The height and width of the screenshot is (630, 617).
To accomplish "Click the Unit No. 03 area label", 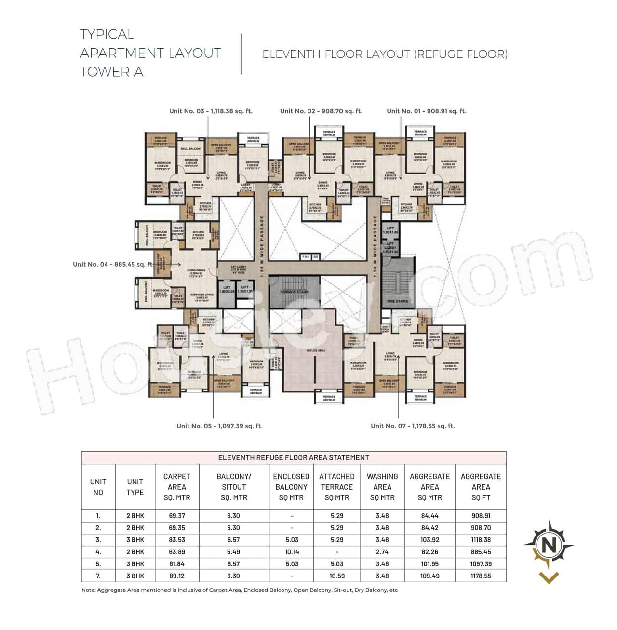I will (x=211, y=111).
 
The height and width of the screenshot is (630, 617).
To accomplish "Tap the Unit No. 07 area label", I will (x=413, y=426).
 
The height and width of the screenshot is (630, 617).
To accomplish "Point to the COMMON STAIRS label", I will (x=295, y=292).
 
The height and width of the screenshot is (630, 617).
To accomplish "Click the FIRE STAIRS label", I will (x=397, y=301).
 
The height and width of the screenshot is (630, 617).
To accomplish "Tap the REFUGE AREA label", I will (x=316, y=351).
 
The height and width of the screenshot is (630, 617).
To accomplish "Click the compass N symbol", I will (x=549, y=546).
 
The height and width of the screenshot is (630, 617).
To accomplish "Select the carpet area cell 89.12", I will (x=177, y=576).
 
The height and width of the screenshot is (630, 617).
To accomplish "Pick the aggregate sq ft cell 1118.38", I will (x=481, y=540).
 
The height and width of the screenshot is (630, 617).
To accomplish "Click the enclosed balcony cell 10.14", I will (x=291, y=552).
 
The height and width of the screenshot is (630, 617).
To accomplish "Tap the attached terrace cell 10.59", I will (x=336, y=576).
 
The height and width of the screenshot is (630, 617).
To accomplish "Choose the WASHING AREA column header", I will (x=382, y=487).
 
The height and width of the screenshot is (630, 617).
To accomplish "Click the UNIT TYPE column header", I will (x=135, y=487).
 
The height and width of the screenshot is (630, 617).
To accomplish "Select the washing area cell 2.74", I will (x=382, y=552).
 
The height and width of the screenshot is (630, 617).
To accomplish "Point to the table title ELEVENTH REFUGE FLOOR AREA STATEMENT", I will (x=294, y=457).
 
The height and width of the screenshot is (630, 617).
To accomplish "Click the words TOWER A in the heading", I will (x=112, y=72).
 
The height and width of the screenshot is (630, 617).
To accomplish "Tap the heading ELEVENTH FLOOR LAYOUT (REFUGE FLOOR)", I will (x=385, y=54).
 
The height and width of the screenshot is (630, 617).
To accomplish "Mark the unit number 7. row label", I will (x=98, y=576).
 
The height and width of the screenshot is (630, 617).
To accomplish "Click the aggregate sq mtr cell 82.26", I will (x=429, y=552).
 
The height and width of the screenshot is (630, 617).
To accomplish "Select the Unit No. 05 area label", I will (x=219, y=426).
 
